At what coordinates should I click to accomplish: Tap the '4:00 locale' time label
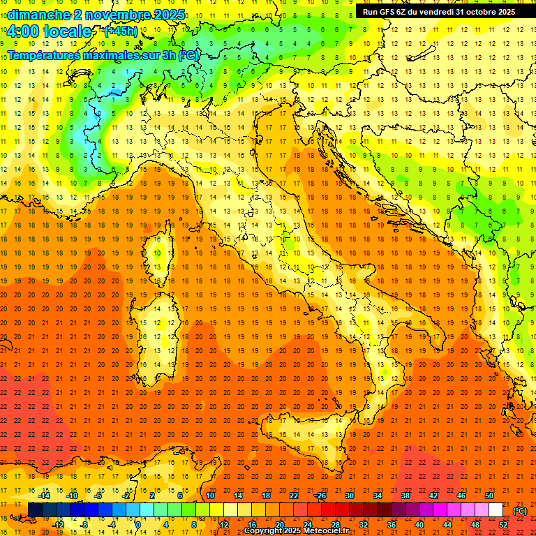pos(49,32)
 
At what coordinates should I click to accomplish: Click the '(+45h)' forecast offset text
pos(121,31)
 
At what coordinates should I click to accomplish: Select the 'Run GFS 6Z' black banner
pos(438,12)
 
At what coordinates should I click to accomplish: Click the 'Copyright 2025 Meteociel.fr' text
pos(296,531)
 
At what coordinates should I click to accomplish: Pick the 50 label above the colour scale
pos(489,496)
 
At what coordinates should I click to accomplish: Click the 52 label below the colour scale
pos(503,524)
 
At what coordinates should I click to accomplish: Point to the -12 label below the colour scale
pos(58,524)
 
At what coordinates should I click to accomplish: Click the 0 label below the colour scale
pos(139,524)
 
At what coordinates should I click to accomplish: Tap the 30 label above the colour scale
pos(350,496)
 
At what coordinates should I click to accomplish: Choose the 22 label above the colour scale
pos(294,496)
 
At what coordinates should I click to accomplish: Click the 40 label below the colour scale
pos(419,524)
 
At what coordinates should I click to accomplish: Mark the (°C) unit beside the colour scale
pos(519,511)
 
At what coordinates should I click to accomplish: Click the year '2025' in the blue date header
pos(169,15)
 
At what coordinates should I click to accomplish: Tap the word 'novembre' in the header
pos(112,15)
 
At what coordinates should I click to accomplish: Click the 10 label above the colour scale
pos(210,496)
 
